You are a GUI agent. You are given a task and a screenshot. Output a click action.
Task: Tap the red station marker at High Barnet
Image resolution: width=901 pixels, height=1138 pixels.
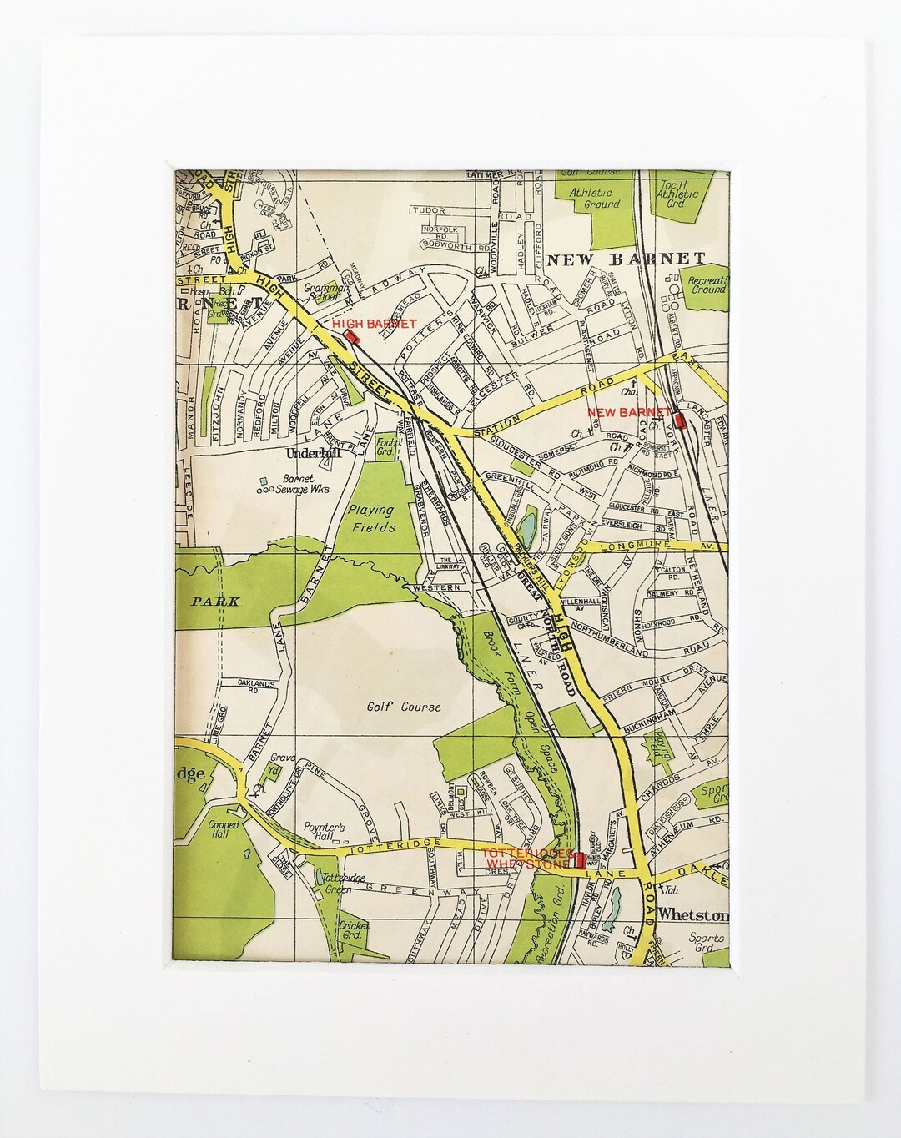353,337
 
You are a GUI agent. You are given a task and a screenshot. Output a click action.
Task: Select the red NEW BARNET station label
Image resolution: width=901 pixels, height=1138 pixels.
628,412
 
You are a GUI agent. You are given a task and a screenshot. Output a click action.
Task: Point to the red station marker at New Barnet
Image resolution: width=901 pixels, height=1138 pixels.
680,421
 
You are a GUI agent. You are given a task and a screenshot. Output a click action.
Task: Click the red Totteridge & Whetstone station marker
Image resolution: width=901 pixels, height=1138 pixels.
580,860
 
